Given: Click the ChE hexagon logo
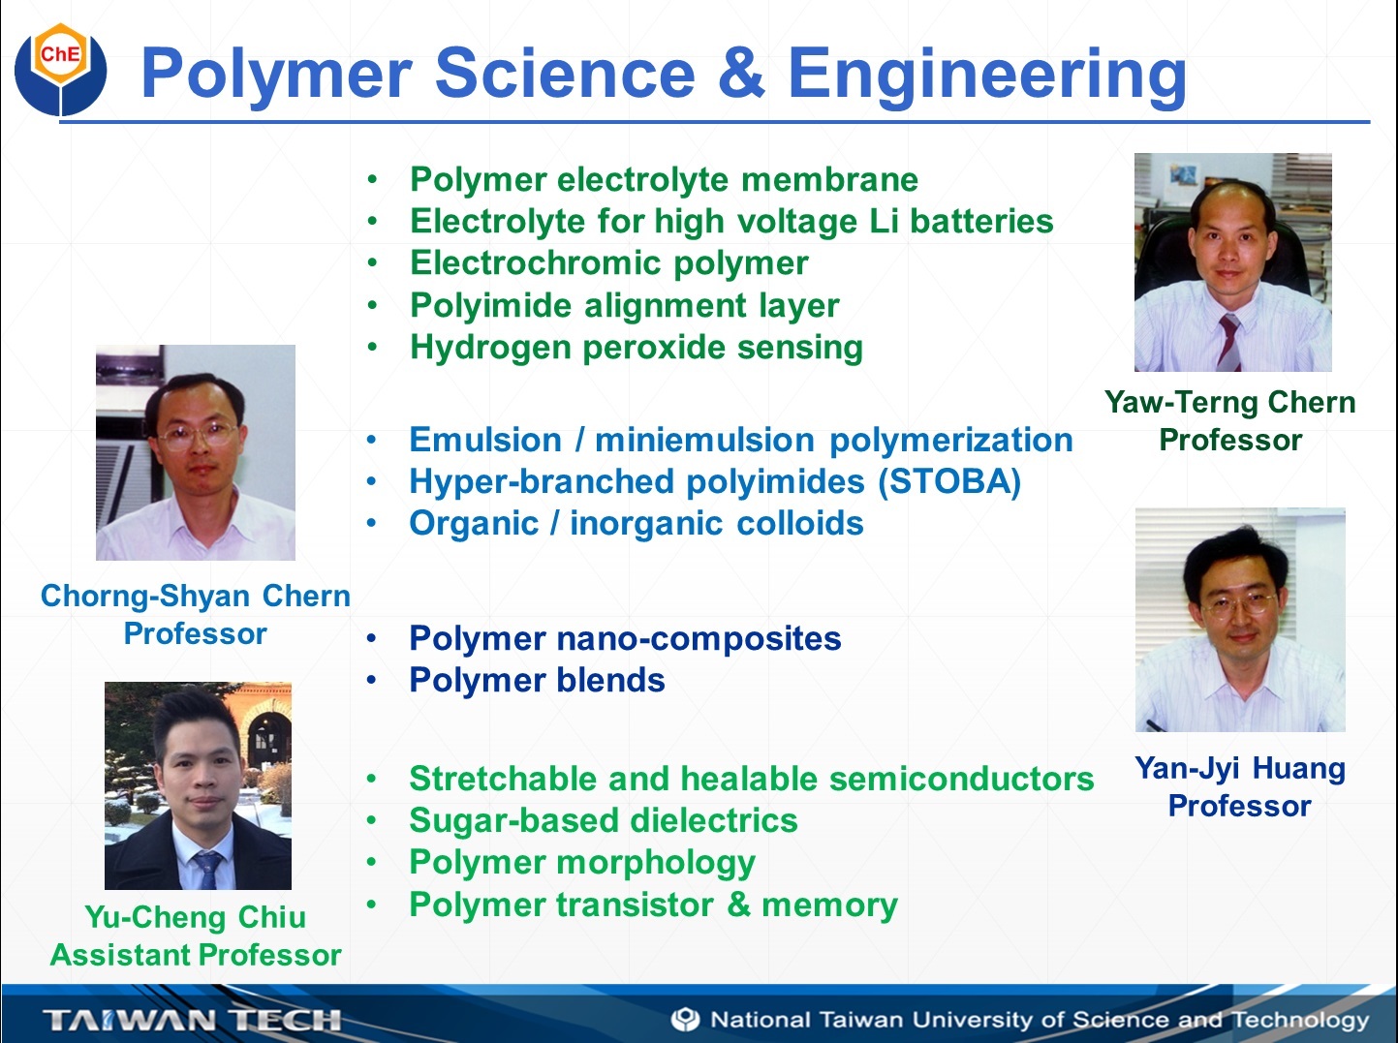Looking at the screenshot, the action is pos(60,69).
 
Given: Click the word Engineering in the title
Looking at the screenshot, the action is pos(987,77).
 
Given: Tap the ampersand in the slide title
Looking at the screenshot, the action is pos(741,74).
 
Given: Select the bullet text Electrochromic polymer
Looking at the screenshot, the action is pos(608,263).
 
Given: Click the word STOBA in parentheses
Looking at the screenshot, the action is pos(949,481).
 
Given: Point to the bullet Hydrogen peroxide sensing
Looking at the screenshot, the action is pos(637,348).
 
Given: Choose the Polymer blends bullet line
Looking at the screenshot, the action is pos(537,680).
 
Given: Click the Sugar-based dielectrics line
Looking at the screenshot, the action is pos(604,820).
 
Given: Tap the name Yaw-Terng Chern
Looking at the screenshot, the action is pos(1229,403).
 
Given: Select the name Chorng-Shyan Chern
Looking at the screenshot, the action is pos(196,597).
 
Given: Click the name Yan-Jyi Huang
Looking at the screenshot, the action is pos(1240,769).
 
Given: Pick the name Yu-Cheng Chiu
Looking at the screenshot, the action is pos(196,918).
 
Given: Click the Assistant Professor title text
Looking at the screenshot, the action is pos(196,955).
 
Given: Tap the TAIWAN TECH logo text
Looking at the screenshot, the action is pos(192,1020).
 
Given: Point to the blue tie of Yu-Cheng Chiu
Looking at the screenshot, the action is pos(207,870).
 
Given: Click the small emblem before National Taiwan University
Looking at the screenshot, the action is pos(685,1020).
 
